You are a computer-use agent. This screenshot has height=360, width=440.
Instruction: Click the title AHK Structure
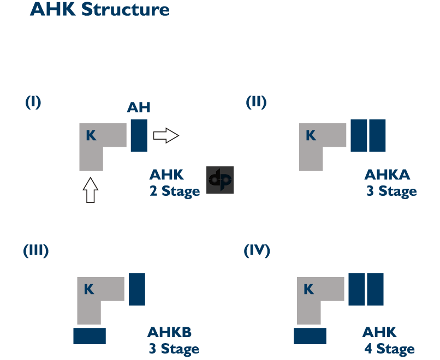[99, 9]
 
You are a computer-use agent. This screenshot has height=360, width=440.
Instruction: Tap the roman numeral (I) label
[33, 102]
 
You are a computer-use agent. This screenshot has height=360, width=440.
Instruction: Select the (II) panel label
[256, 102]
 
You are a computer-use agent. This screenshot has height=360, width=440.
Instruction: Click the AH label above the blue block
[139, 107]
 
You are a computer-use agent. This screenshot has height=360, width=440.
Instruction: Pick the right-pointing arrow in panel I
[166, 135]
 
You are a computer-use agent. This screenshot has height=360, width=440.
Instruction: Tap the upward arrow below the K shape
[91, 191]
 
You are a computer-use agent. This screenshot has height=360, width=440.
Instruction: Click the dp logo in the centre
[220, 180]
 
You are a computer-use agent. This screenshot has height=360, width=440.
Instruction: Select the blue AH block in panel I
[139, 135]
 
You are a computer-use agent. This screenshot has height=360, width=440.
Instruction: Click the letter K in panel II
[311, 135]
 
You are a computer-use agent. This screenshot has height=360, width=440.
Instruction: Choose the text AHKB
[169, 332]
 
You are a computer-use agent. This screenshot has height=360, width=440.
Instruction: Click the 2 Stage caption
[175, 192]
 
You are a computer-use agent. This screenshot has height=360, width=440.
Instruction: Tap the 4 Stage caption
[390, 349]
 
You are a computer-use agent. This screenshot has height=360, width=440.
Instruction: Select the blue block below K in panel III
[90, 335]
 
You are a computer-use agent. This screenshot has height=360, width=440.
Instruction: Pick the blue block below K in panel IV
[310, 335]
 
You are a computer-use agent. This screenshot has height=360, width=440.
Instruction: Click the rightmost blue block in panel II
[378, 135]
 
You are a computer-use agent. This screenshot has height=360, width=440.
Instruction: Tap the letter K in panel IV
[308, 289]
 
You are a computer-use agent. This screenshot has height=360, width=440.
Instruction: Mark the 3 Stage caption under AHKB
[174, 349]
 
